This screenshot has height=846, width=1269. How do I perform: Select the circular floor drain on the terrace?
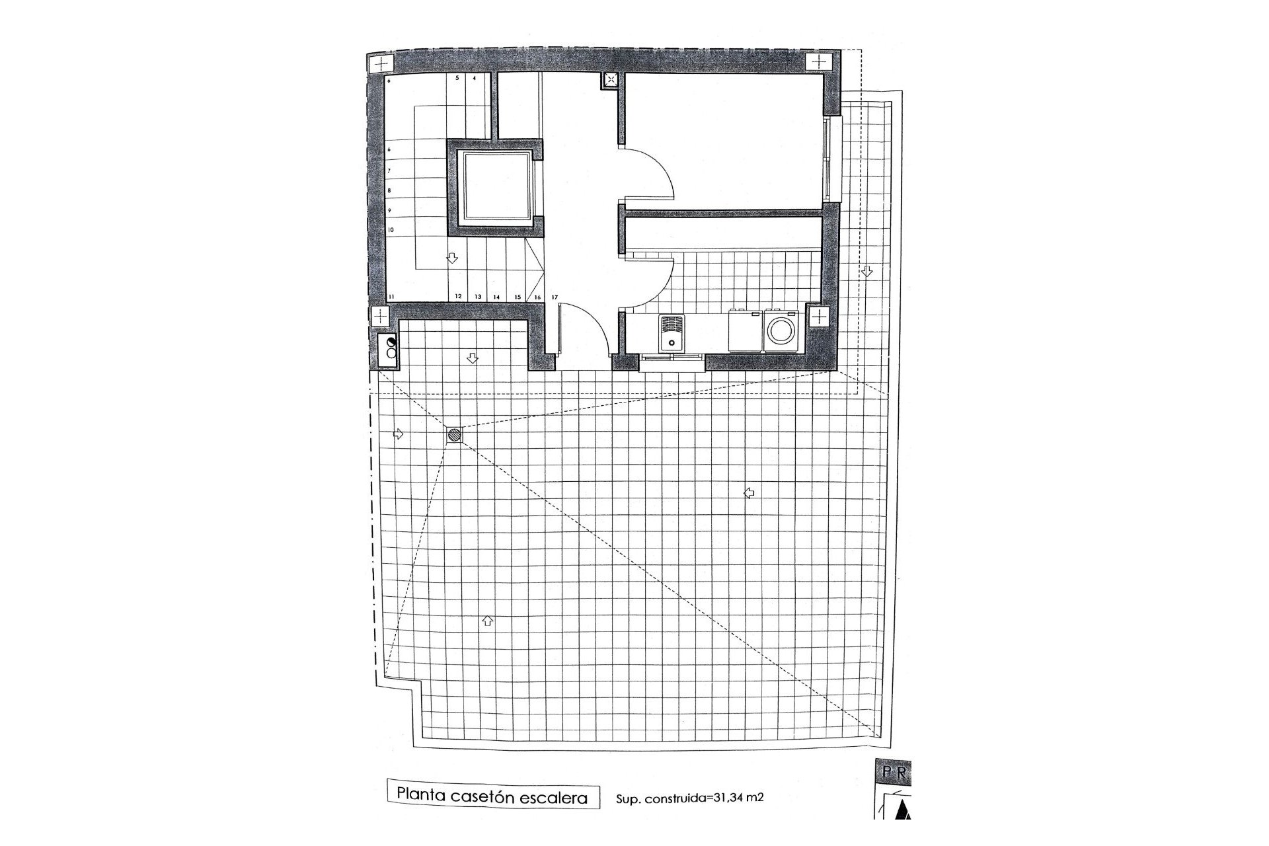click(455, 434)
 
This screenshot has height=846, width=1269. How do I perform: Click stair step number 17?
click(555, 297)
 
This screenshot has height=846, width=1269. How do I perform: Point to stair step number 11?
click(391, 297)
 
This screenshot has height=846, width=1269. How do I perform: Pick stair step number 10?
click(391, 229)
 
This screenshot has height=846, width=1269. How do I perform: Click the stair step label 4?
click(474, 78)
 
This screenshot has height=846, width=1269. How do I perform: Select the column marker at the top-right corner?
click(818, 62)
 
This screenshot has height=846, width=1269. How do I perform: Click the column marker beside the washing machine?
click(818, 317)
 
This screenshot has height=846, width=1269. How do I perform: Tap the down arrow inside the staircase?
click(453, 258)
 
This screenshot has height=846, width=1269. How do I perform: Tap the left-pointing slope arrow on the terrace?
click(749, 492)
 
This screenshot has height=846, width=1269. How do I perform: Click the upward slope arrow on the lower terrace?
click(488, 620)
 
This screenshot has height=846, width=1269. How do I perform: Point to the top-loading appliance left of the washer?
click(745, 331)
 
